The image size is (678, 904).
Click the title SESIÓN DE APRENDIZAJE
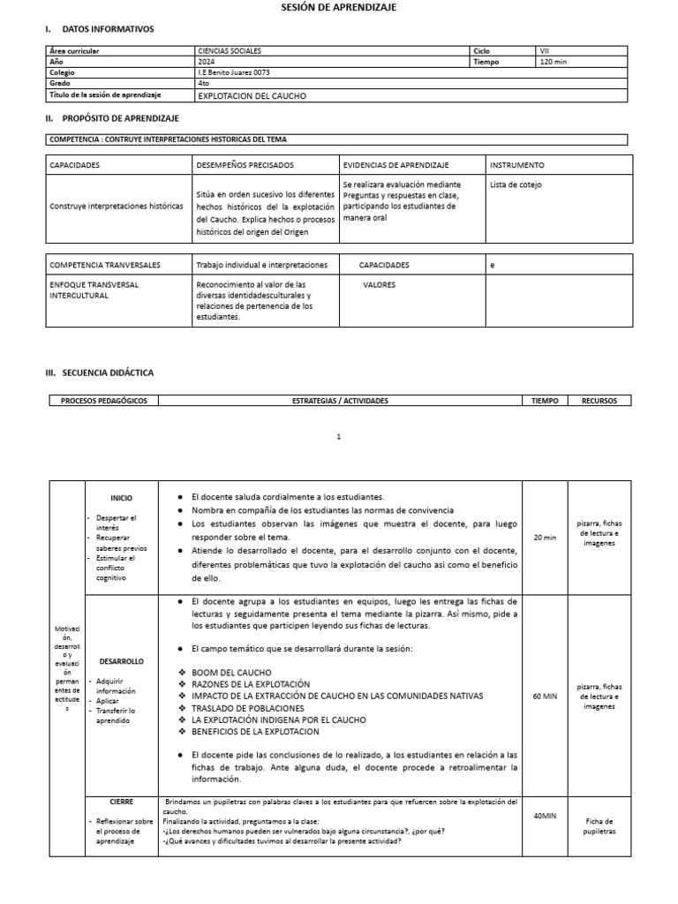tap(339, 7)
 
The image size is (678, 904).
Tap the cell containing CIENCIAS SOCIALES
tap(230, 51)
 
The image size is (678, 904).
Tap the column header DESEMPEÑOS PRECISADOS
tap(245, 165)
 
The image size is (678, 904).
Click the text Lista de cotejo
tap(516, 185)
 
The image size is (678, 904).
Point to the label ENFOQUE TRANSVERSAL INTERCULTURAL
tap(94, 290)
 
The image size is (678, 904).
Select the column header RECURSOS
tap(599, 401)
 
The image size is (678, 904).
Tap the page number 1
tap(339, 436)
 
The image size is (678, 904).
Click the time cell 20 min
tap(545, 537)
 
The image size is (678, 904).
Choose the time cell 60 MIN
tap(545, 696)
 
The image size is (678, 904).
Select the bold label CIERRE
tap(121, 802)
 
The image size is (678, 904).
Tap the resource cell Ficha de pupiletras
tap(599, 826)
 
